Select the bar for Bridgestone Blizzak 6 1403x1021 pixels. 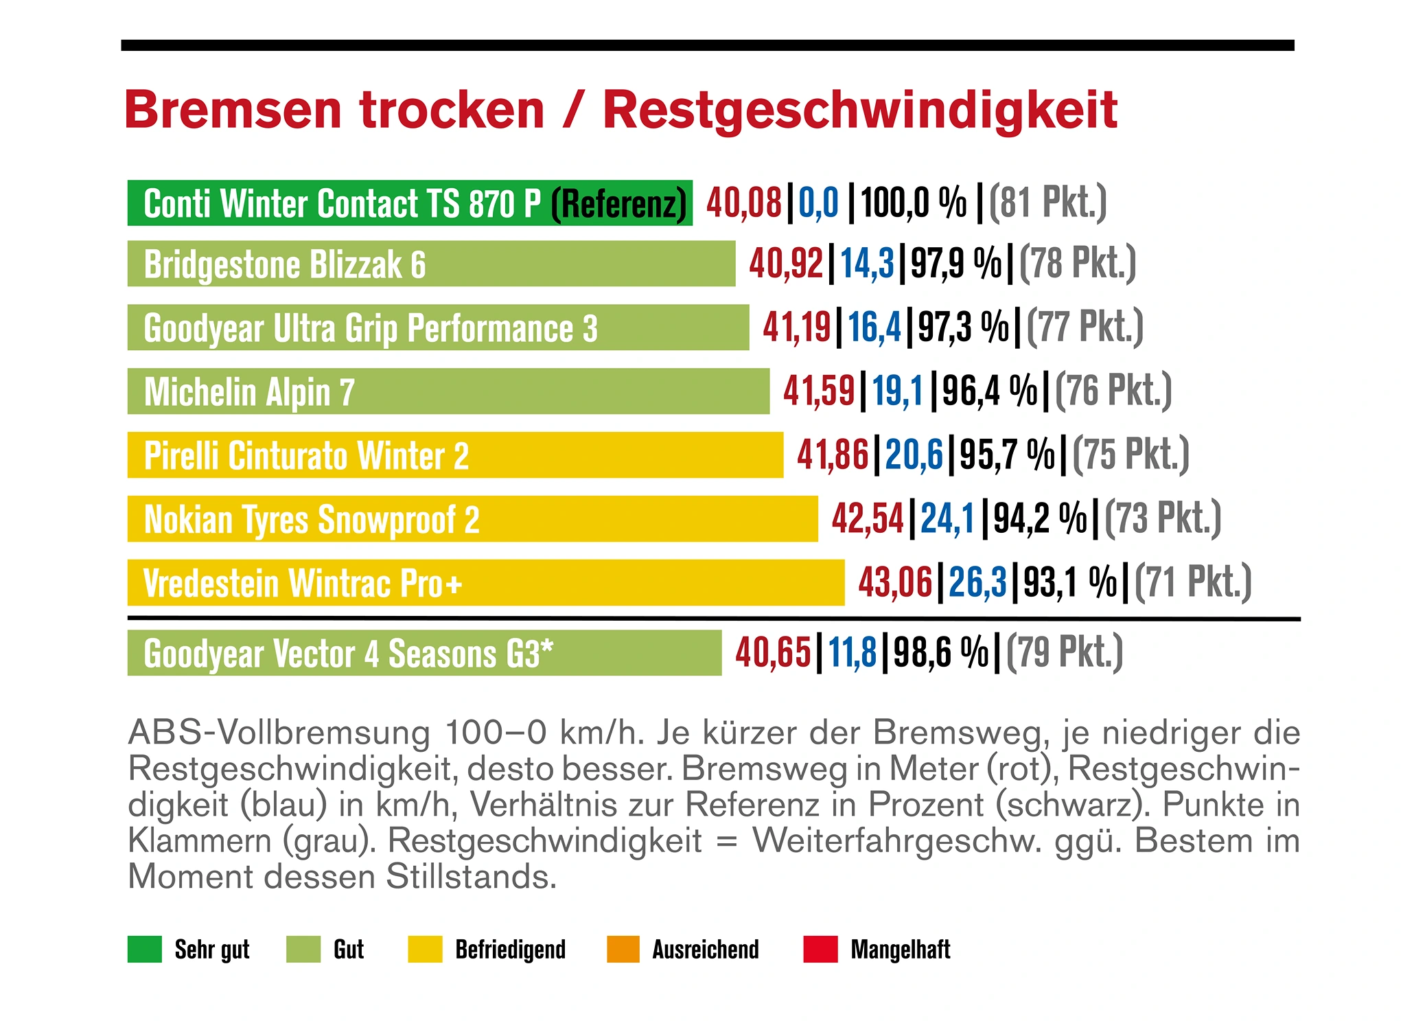[x=431, y=264]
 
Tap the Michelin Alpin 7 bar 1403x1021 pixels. [x=448, y=391]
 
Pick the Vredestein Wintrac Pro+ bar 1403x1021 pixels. [x=486, y=583]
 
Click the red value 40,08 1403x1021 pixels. [x=744, y=203]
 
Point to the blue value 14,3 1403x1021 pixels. [x=867, y=264]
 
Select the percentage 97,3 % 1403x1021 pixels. [x=963, y=328]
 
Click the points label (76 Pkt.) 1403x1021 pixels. [x=1113, y=391]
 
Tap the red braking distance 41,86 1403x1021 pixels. [x=833, y=455]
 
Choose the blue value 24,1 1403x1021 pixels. [x=947, y=518]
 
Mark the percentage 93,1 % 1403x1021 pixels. [x=1069, y=582]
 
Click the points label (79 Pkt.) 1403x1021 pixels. [x=1064, y=652]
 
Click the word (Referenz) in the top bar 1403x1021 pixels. [x=619, y=204]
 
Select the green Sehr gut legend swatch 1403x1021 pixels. [x=145, y=949]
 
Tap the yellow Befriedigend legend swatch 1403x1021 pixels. [x=425, y=949]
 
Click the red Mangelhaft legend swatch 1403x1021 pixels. [x=820, y=949]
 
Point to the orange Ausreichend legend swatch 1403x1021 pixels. [x=623, y=949]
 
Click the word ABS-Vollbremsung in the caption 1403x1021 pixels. [x=279, y=733]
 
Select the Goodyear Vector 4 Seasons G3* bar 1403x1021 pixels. [x=424, y=653]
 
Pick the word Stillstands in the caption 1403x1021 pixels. [x=471, y=877]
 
